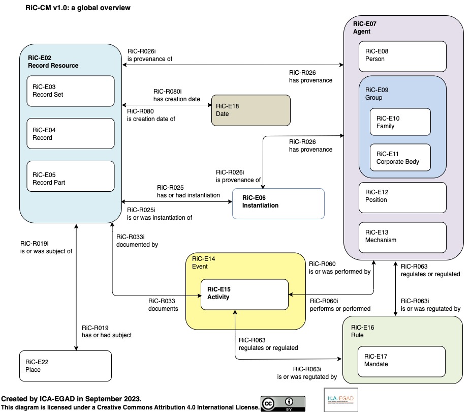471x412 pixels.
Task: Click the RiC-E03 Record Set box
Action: (71, 91)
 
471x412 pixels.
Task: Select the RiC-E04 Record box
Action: (71, 134)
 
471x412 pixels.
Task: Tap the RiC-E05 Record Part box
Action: (71, 176)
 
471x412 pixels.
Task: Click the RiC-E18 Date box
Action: (251, 110)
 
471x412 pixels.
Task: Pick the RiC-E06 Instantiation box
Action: (278, 203)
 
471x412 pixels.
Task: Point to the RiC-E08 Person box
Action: (402, 56)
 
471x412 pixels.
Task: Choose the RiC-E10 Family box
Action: (400, 122)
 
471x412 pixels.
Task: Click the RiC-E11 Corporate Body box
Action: (400, 158)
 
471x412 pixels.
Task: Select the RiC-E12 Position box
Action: (402, 196)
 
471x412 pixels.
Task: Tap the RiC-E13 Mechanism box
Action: (402, 237)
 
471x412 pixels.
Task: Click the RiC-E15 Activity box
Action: (244, 295)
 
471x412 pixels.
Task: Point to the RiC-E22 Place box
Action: (66, 366)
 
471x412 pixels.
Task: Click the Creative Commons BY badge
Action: (283, 403)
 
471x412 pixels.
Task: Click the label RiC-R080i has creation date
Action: (176, 95)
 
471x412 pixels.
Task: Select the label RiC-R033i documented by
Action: (137, 241)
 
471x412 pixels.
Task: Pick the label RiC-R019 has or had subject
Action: (107, 331)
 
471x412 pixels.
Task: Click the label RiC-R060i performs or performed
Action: (340, 305)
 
